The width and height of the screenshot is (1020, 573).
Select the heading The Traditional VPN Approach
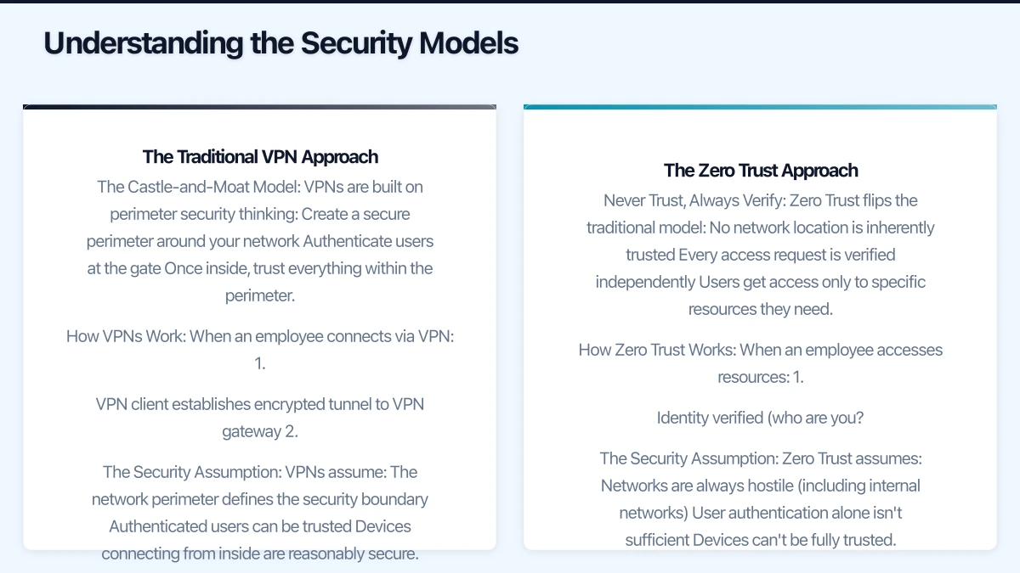coord(260,157)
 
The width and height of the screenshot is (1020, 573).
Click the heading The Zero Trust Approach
coord(761,171)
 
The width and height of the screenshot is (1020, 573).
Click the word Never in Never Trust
coord(623,200)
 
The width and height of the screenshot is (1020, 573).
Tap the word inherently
coord(892,228)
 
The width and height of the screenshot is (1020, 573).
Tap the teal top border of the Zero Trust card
coord(760,107)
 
